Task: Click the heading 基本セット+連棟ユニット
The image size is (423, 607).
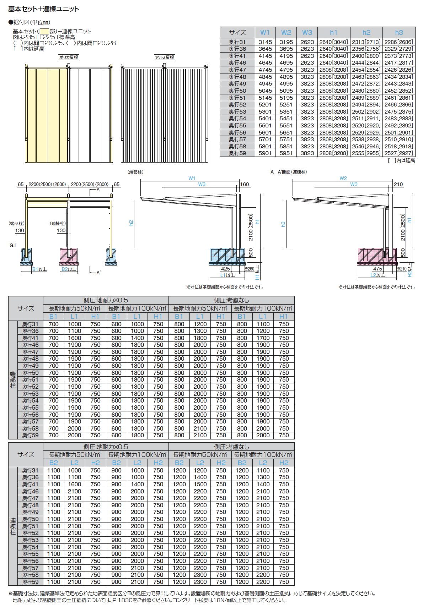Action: [x=43, y=9]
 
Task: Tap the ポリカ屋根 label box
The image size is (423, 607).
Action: [x=69, y=57]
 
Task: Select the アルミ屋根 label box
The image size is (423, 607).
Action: [x=165, y=57]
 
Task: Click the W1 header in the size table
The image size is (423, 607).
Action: [x=265, y=33]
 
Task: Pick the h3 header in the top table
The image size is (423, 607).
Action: [x=399, y=33]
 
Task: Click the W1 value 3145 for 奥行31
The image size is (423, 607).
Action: [x=265, y=42]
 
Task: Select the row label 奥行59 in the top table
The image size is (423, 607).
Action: [x=237, y=153]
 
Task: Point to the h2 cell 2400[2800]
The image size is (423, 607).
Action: [x=366, y=56]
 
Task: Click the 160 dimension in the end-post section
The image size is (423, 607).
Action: [x=245, y=184]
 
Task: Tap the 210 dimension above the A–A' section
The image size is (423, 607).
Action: [x=398, y=184]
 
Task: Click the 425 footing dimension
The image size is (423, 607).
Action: [x=225, y=269]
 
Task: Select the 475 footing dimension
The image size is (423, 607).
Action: [x=378, y=269]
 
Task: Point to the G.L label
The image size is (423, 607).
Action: [x=13, y=245]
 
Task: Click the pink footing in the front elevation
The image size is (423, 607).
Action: [x=68, y=256]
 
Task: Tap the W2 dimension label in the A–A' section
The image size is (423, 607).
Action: [x=343, y=178]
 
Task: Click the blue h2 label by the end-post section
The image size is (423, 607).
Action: [x=131, y=223]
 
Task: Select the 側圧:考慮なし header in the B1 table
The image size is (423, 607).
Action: [x=231, y=300]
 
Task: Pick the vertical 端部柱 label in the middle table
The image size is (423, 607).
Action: [x=13, y=380]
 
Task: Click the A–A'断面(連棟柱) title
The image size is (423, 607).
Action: [x=289, y=172]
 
